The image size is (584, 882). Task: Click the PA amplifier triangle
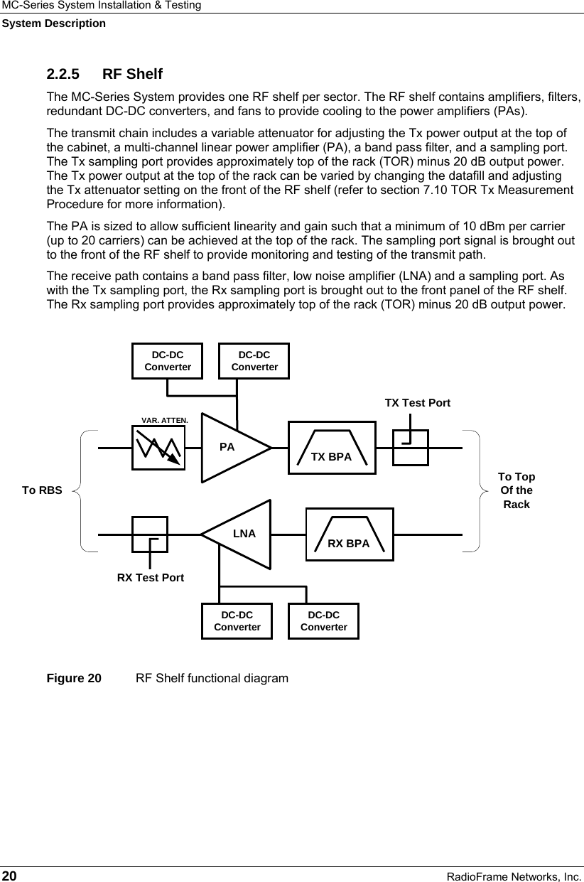click(231, 448)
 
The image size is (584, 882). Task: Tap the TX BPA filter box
click(332, 448)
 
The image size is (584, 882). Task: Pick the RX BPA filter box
click(349, 534)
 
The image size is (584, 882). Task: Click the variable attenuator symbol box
click(158, 448)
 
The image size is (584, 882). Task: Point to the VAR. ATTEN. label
click(165, 420)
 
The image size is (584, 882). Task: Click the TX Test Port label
click(417, 403)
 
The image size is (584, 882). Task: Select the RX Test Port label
click(150, 577)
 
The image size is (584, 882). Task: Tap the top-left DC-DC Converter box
click(168, 361)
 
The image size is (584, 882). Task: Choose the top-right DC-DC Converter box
click(254, 361)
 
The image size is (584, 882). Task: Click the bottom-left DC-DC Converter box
click(237, 621)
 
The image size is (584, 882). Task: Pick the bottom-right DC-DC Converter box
click(324, 621)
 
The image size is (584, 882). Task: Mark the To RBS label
click(42, 490)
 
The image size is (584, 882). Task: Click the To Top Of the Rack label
click(517, 490)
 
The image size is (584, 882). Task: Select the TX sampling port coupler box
click(411, 448)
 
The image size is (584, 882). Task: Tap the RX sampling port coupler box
click(150, 534)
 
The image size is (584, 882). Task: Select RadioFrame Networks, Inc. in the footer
click(513, 875)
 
